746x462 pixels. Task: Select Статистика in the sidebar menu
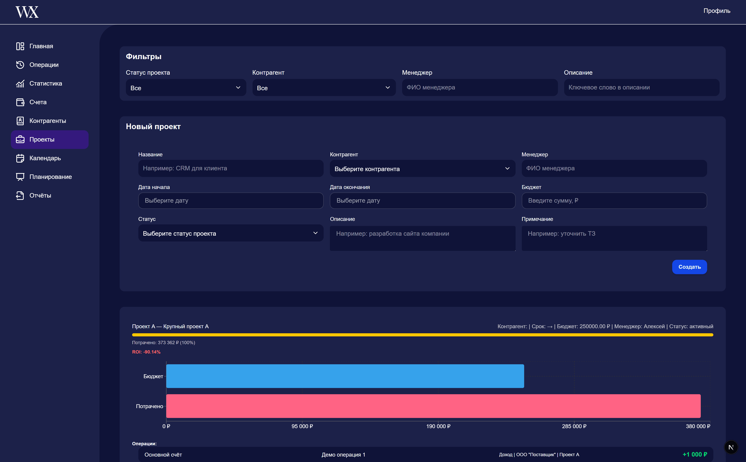[x=45, y=83]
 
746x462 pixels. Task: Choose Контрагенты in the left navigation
[x=47, y=121]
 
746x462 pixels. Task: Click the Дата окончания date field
[x=422, y=201]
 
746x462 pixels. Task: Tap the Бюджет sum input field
[x=614, y=201]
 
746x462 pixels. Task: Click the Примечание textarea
[x=614, y=238]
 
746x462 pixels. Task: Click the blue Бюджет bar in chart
[x=345, y=376]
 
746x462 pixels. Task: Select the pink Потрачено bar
[x=433, y=406]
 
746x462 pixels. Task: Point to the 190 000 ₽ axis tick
[x=438, y=426]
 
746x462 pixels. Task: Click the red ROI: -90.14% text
[x=146, y=352]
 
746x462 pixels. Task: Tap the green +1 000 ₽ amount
[x=695, y=455]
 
